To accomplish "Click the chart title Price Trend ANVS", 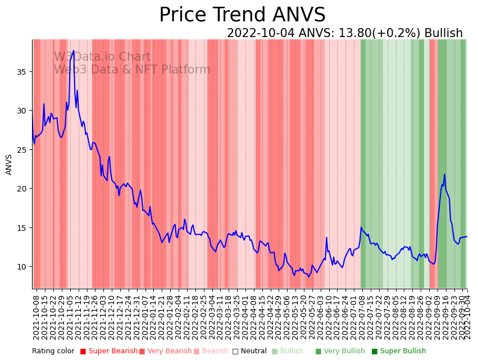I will [x=242, y=15].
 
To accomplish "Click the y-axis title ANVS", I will [x=9, y=165].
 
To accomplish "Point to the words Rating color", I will [x=53, y=351].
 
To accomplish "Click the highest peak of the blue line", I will [x=73, y=51].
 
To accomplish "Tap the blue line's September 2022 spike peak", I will [x=444, y=174].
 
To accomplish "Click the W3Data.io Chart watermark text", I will [x=102, y=57].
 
